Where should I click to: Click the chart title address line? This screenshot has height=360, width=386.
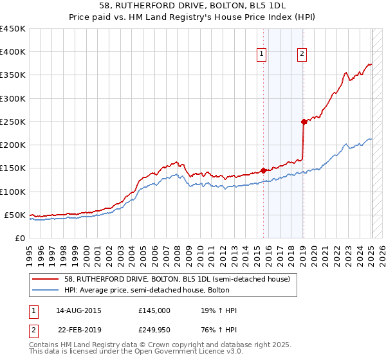coord(193,5)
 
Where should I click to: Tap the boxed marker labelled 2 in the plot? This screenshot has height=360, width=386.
coord(302,55)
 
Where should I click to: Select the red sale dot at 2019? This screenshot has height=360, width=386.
coord(304,121)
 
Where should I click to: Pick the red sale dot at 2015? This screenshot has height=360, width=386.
coord(263,170)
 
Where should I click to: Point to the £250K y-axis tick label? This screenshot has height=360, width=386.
coord(13,122)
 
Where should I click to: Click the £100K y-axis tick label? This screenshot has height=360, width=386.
coord(13,192)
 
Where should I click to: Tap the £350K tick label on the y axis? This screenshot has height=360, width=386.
coord(13,75)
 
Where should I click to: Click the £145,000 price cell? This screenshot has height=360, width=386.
coord(154,310)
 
